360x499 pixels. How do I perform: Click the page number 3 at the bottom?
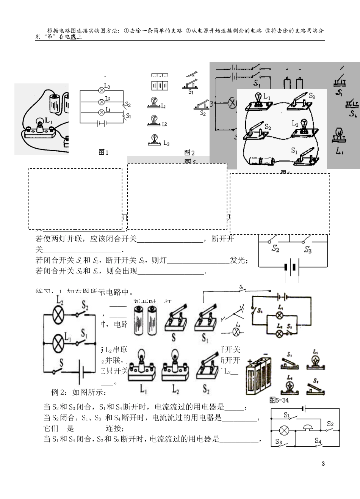pyautogui.click(x=323, y=463)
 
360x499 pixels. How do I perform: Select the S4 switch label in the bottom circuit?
pyautogui.click(x=318, y=440)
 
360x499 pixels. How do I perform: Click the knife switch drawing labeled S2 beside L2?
pyautogui.click(x=207, y=367)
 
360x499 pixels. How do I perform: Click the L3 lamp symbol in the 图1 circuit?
pyautogui.click(x=101, y=90)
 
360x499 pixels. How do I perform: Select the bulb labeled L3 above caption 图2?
pyautogui.click(x=154, y=140)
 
